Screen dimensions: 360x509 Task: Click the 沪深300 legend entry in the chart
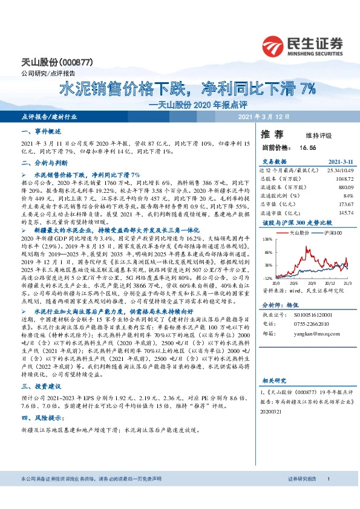[x=333, y=232]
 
